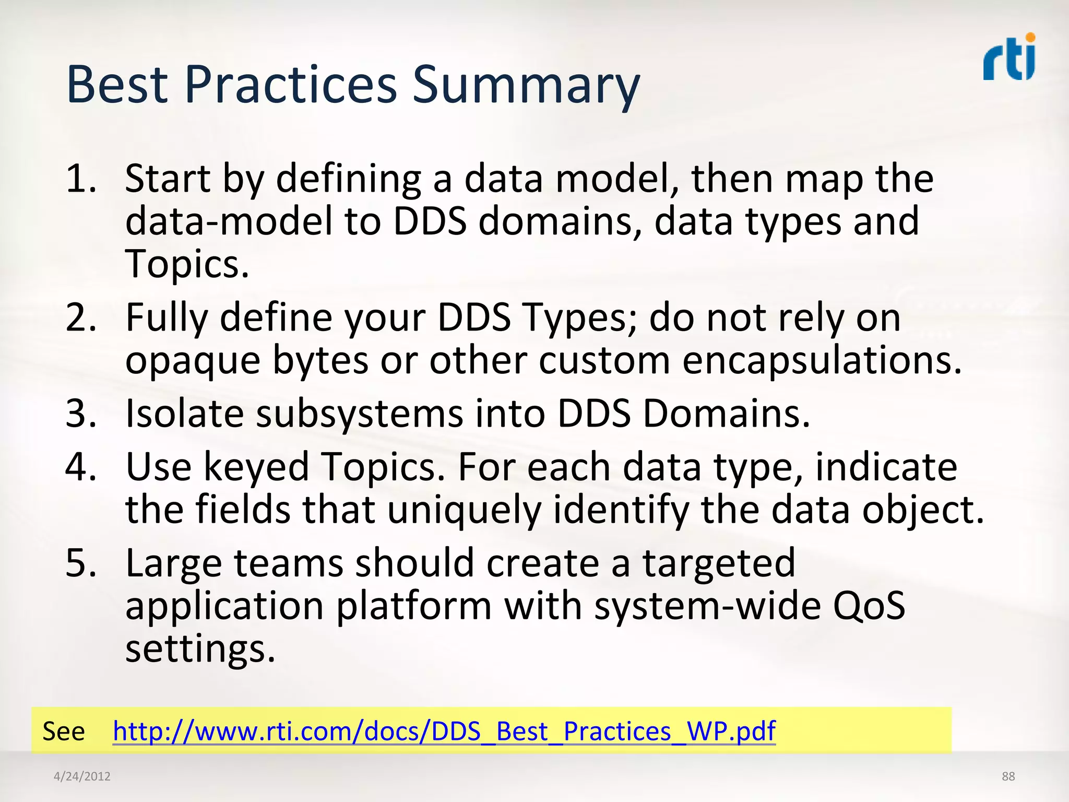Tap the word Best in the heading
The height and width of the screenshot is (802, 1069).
(x=117, y=85)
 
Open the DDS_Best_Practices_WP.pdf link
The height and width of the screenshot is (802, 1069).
(x=444, y=731)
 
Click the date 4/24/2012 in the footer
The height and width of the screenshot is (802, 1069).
(x=82, y=776)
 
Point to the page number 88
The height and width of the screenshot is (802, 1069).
(x=1008, y=776)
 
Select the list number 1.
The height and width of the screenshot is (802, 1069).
(x=81, y=179)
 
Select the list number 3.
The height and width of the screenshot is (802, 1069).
(x=81, y=414)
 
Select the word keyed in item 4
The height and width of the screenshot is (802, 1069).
(x=256, y=468)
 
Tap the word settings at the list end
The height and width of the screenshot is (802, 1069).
(x=199, y=650)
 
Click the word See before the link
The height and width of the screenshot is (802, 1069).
(x=63, y=731)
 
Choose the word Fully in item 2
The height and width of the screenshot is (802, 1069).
(x=167, y=319)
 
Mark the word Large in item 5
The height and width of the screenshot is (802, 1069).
(x=174, y=564)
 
